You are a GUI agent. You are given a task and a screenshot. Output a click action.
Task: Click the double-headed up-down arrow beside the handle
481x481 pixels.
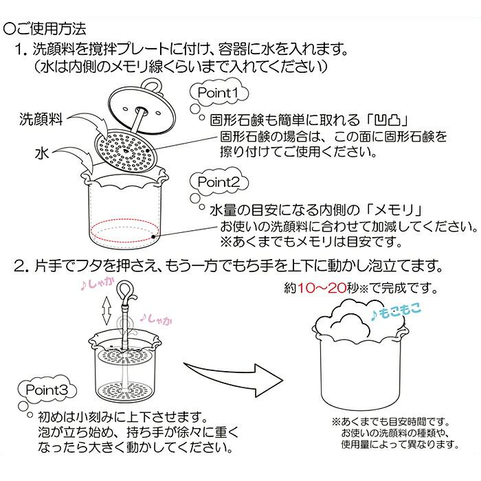(x=106, y=313)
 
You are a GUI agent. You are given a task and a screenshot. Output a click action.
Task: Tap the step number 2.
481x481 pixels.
(x=19, y=264)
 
